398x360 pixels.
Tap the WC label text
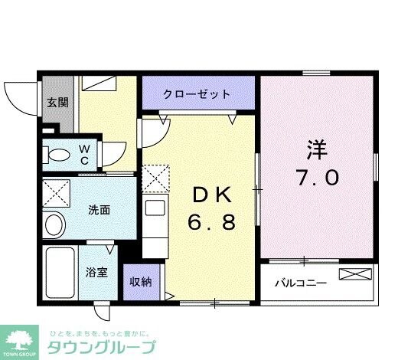pos(85,153)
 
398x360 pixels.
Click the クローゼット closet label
pos(197,94)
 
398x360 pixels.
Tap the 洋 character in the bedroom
pos(317,147)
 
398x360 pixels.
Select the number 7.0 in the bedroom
pos(317,178)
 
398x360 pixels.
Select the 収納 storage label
pos(140,281)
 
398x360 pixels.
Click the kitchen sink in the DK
pos(153,208)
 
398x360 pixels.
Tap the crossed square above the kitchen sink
pos(155,178)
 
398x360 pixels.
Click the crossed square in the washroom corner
pos(56,191)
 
